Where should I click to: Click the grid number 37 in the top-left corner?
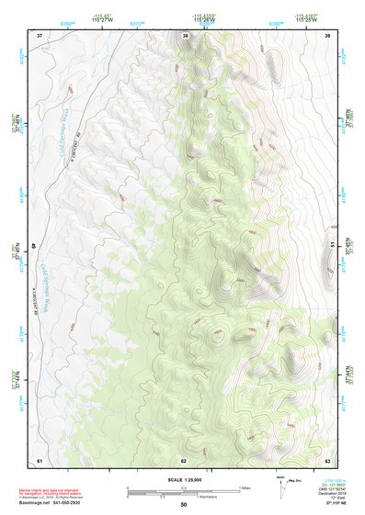(40, 35)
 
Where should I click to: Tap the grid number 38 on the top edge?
(185, 35)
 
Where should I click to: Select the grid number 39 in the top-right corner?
(328, 35)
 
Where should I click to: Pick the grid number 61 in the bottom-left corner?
(40, 459)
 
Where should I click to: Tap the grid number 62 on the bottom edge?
(184, 459)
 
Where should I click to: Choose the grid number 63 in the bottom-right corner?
(328, 459)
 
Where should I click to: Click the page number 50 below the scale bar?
(184, 504)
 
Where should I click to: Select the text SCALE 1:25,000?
(184, 480)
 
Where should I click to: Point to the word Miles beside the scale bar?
(245, 487)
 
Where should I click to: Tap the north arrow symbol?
(280, 485)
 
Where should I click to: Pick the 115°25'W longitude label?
(308, 21)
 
